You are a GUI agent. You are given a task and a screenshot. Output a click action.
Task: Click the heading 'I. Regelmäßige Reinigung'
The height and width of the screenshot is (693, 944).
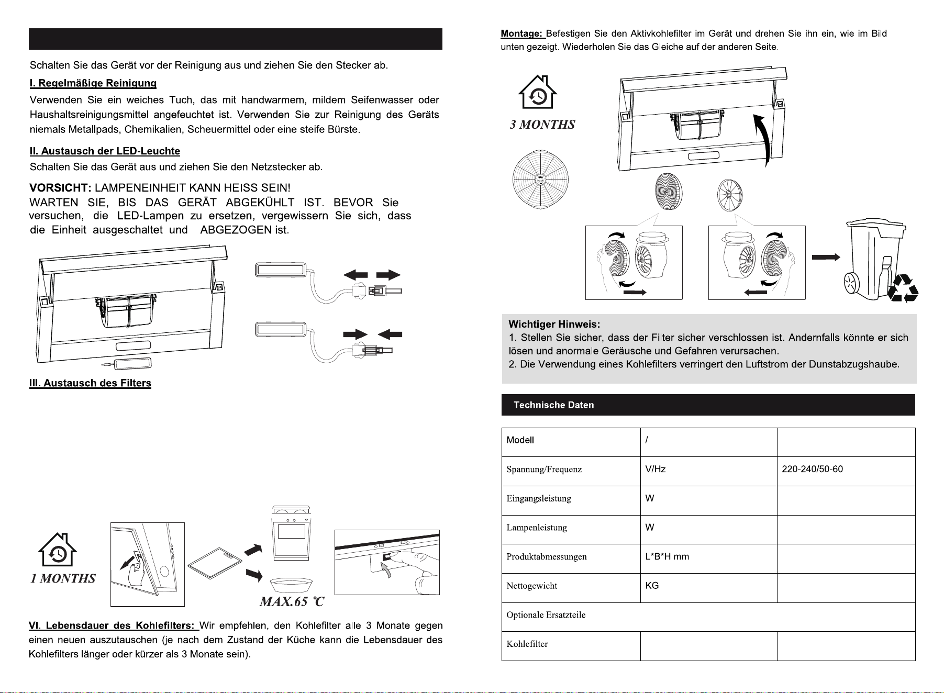pos(93,83)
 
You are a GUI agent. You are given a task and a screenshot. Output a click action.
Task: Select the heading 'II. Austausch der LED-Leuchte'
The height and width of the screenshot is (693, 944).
pos(105,151)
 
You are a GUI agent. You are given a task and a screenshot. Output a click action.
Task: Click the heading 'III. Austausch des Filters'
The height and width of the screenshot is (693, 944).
pos(90,383)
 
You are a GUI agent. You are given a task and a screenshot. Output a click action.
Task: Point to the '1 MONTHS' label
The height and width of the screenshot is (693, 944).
pos(63,578)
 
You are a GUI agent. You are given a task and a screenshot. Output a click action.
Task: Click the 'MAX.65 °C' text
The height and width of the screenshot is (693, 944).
pos(292,602)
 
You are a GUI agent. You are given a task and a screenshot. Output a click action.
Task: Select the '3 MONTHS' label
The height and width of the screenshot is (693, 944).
pos(542,125)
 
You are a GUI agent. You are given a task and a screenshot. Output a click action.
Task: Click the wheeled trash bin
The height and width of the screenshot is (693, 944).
pos(874,260)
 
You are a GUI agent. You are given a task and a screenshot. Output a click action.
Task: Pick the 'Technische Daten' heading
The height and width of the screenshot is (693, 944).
pos(554,405)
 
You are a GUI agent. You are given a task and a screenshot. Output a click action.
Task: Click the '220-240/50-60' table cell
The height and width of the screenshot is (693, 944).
pos(812,469)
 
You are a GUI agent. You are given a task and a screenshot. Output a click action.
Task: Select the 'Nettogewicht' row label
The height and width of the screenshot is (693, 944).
pos(531,586)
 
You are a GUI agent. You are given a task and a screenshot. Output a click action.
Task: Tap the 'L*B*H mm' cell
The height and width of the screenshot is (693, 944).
pos(667,556)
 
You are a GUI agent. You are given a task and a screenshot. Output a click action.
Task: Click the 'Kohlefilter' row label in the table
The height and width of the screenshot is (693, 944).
pos(527,644)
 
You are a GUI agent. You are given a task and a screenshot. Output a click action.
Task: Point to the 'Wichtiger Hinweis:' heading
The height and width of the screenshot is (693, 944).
pos(554,325)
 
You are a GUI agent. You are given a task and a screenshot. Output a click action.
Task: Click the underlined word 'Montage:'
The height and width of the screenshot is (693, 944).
pos(522,34)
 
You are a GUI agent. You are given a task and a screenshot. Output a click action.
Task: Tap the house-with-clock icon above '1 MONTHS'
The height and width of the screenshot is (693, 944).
pos(58,550)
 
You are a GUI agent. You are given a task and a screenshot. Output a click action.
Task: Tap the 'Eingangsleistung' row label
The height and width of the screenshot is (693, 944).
pos(539,499)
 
